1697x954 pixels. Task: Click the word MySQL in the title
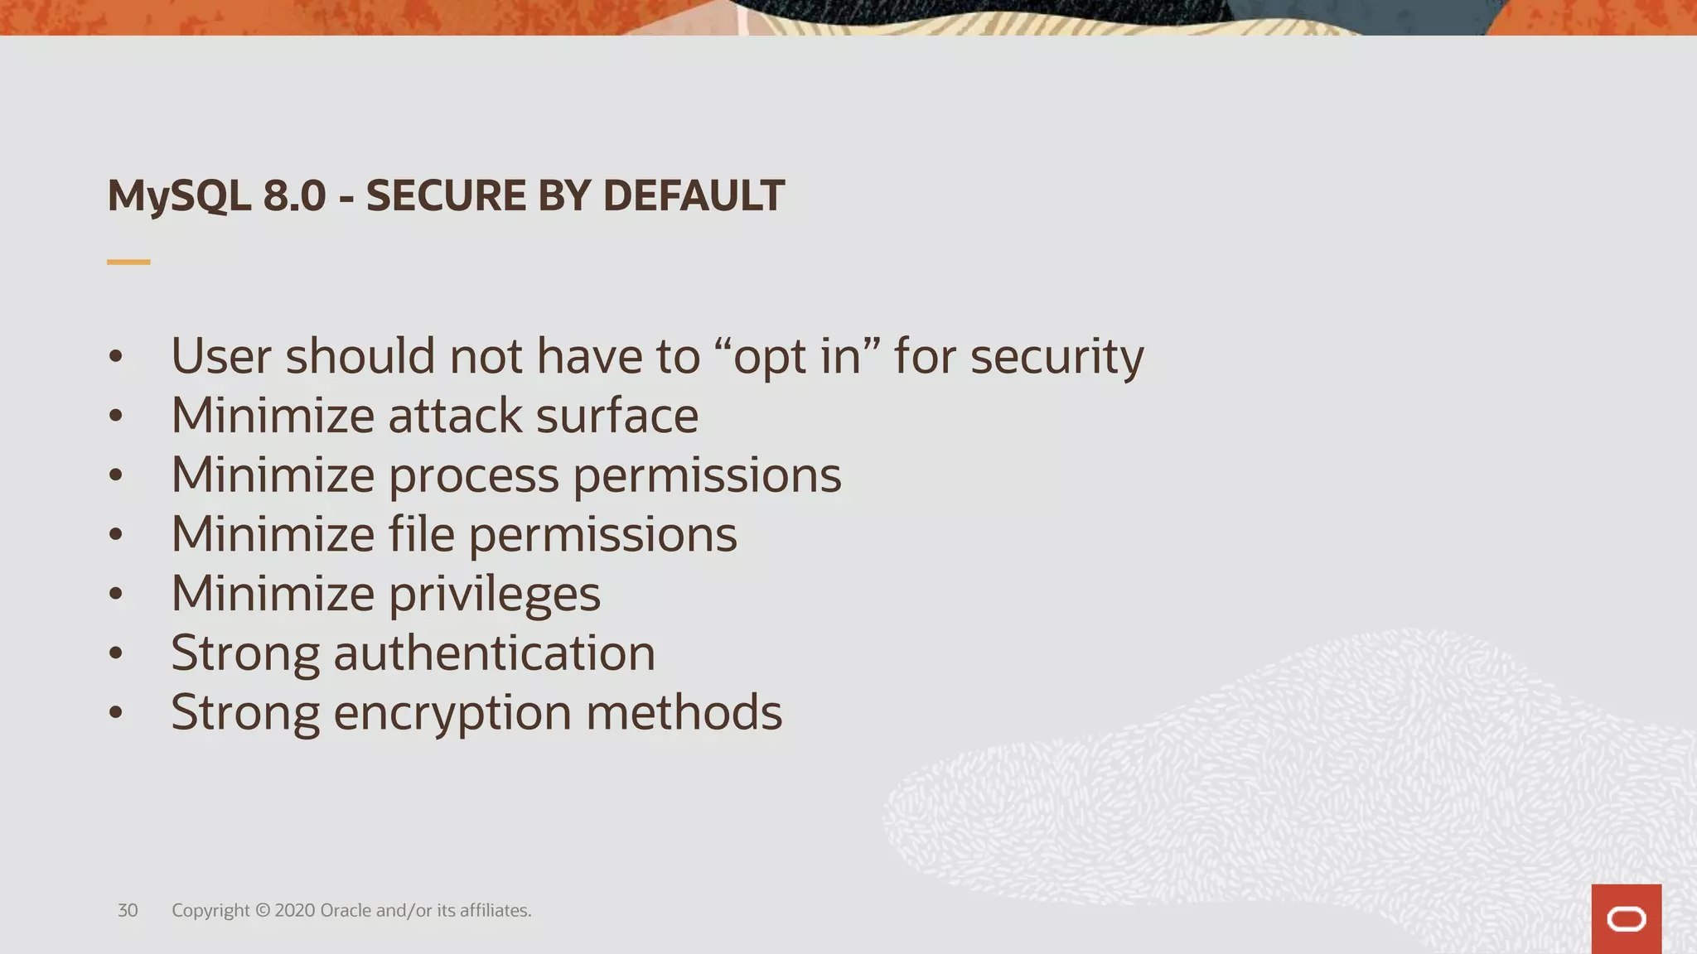click(x=179, y=197)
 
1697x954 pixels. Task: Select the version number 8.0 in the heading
click(x=294, y=196)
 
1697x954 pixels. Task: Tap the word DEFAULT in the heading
click(x=694, y=196)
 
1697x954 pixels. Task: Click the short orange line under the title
click(x=128, y=262)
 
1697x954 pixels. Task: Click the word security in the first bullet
click(x=1056, y=357)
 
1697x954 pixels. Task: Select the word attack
click(x=455, y=416)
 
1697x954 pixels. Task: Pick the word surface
click(x=616, y=416)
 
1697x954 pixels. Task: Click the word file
click(x=421, y=534)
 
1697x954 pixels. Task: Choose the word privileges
click(x=494, y=595)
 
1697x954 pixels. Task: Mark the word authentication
click(x=494, y=653)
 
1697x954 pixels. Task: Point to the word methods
click(x=684, y=712)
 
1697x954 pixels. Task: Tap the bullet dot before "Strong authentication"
click(x=116, y=653)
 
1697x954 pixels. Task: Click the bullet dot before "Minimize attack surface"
click(x=116, y=416)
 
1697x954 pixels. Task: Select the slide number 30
click(x=128, y=910)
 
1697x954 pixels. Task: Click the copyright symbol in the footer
click(x=263, y=910)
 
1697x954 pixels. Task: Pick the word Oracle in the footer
click(x=346, y=910)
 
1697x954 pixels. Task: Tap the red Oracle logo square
click(x=1626, y=919)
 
